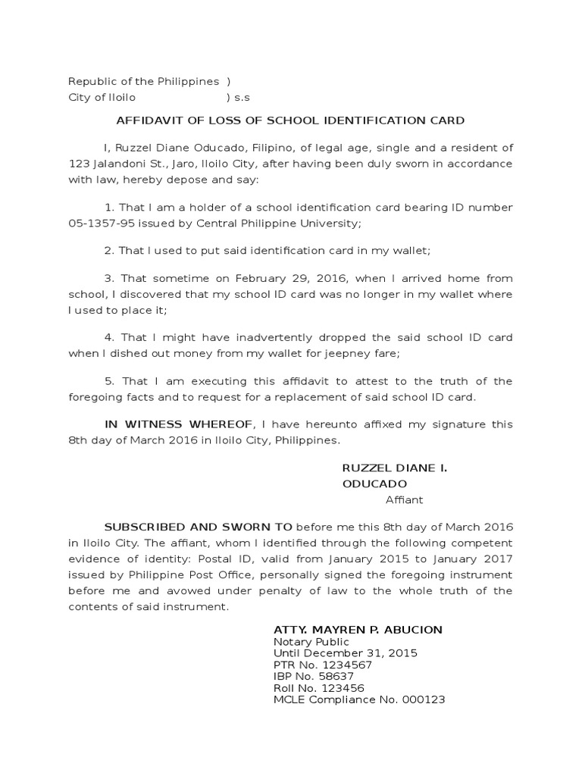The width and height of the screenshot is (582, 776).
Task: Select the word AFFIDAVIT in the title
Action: point(145,120)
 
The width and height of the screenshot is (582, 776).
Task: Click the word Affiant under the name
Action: point(404,499)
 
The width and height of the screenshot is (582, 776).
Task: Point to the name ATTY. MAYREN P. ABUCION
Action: point(358,630)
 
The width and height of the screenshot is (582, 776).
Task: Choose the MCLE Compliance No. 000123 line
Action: point(358,699)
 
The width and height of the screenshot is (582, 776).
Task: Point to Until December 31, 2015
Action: point(345,653)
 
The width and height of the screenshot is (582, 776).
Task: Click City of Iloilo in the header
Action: point(102,98)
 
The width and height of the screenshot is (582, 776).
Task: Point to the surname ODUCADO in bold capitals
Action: point(374,483)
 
